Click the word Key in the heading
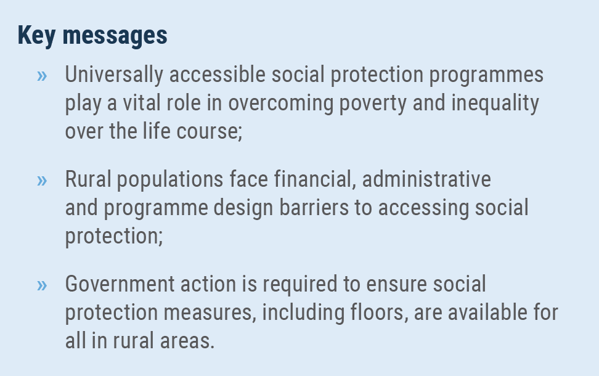(37, 36)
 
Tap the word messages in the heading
(115, 36)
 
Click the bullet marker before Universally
(42, 76)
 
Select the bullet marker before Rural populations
(42, 181)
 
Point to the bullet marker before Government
(42, 285)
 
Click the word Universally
(114, 75)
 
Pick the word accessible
(218, 74)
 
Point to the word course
(210, 132)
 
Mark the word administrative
(426, 179)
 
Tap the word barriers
(314, 208)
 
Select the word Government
(120, 284)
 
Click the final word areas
(187, 341)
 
